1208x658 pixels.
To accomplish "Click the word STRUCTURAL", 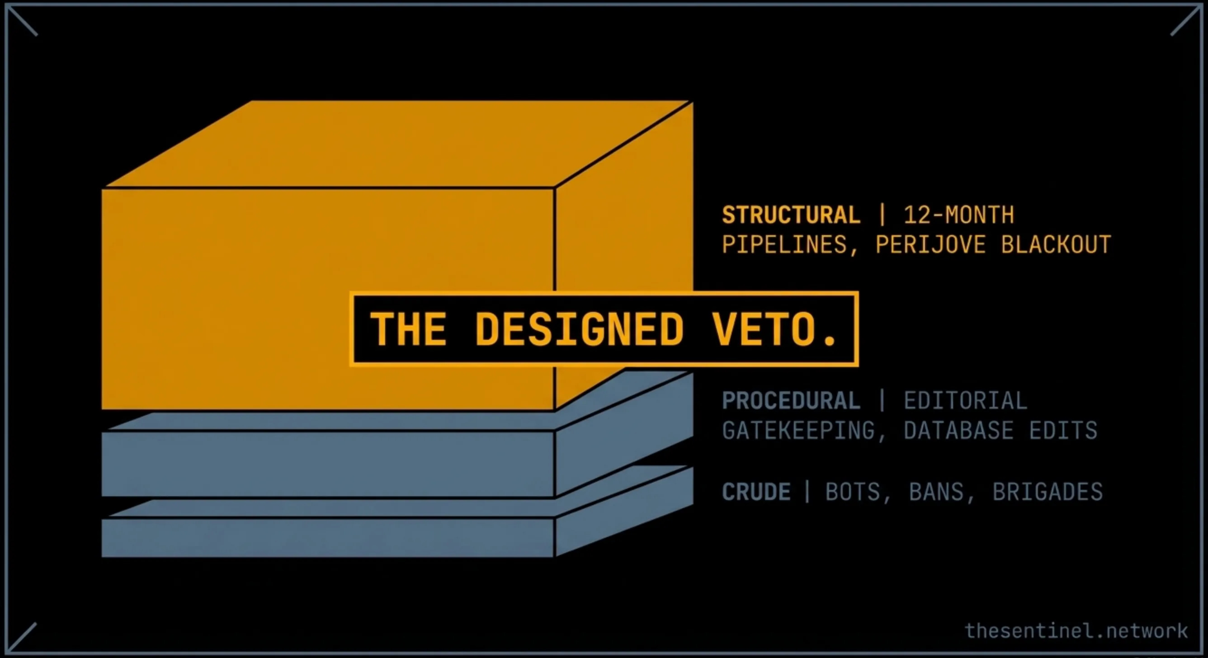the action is (791, 215).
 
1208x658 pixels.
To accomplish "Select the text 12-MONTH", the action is (958, 215).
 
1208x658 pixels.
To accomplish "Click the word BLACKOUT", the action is (1056, 244).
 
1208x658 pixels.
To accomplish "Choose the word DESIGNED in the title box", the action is (579, 329).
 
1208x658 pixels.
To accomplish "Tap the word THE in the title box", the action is (408, 329).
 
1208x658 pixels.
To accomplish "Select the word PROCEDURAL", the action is (791, 401).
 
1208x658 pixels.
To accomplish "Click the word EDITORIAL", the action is (966, 401).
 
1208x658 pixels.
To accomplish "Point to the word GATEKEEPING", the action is (798, 430).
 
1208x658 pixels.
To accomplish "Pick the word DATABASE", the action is (958, 430).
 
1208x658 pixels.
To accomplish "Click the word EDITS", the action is (1063, 430).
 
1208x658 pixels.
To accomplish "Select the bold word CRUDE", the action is (756, 492).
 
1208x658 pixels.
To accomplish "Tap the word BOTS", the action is (852, 492).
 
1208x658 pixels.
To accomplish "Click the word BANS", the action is (936, 492).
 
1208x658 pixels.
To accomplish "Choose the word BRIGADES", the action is (1048, 492).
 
